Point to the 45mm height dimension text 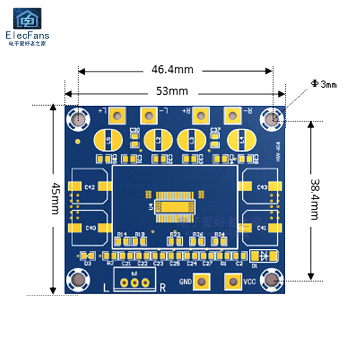56,198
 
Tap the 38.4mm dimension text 315,199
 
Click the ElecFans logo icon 27,19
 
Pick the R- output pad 233,116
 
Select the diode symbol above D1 264,256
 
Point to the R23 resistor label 175,234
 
